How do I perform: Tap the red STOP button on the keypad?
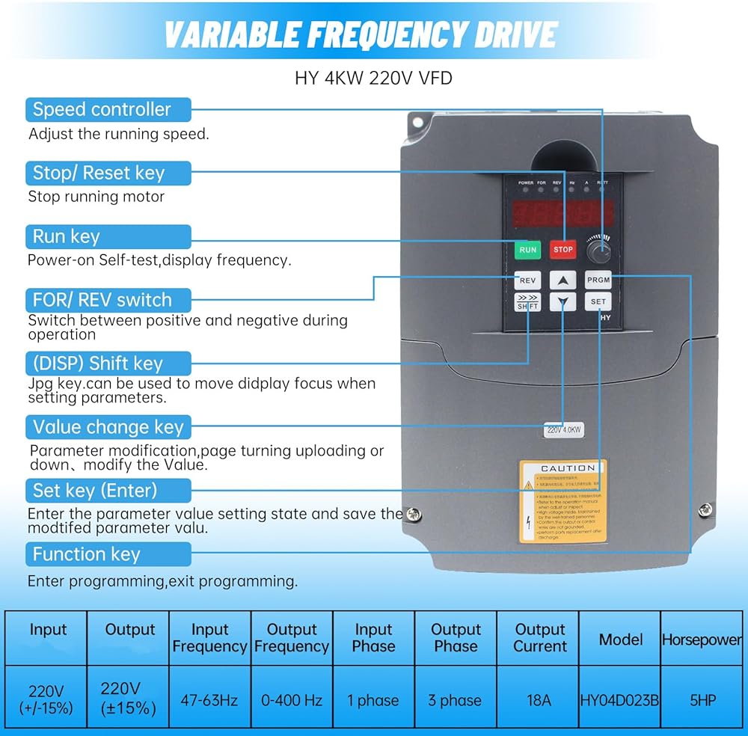point(563,249)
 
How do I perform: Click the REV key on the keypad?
point(527,280)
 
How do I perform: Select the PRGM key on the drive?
point(598,280)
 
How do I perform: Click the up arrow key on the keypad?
point(562,280)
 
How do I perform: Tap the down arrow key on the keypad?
point(562,302)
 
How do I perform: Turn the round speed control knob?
point(598,249)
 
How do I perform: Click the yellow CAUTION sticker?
point(562,501)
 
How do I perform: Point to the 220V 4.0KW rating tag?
point(563,430)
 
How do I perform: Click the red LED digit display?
point(562,214)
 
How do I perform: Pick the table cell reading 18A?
point(539,700)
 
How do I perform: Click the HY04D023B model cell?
point(619,700)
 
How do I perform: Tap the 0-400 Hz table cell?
point(292,700)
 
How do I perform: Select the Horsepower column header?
point(702,640)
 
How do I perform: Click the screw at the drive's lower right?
point(705,509)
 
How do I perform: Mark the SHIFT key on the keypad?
point(527,302)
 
